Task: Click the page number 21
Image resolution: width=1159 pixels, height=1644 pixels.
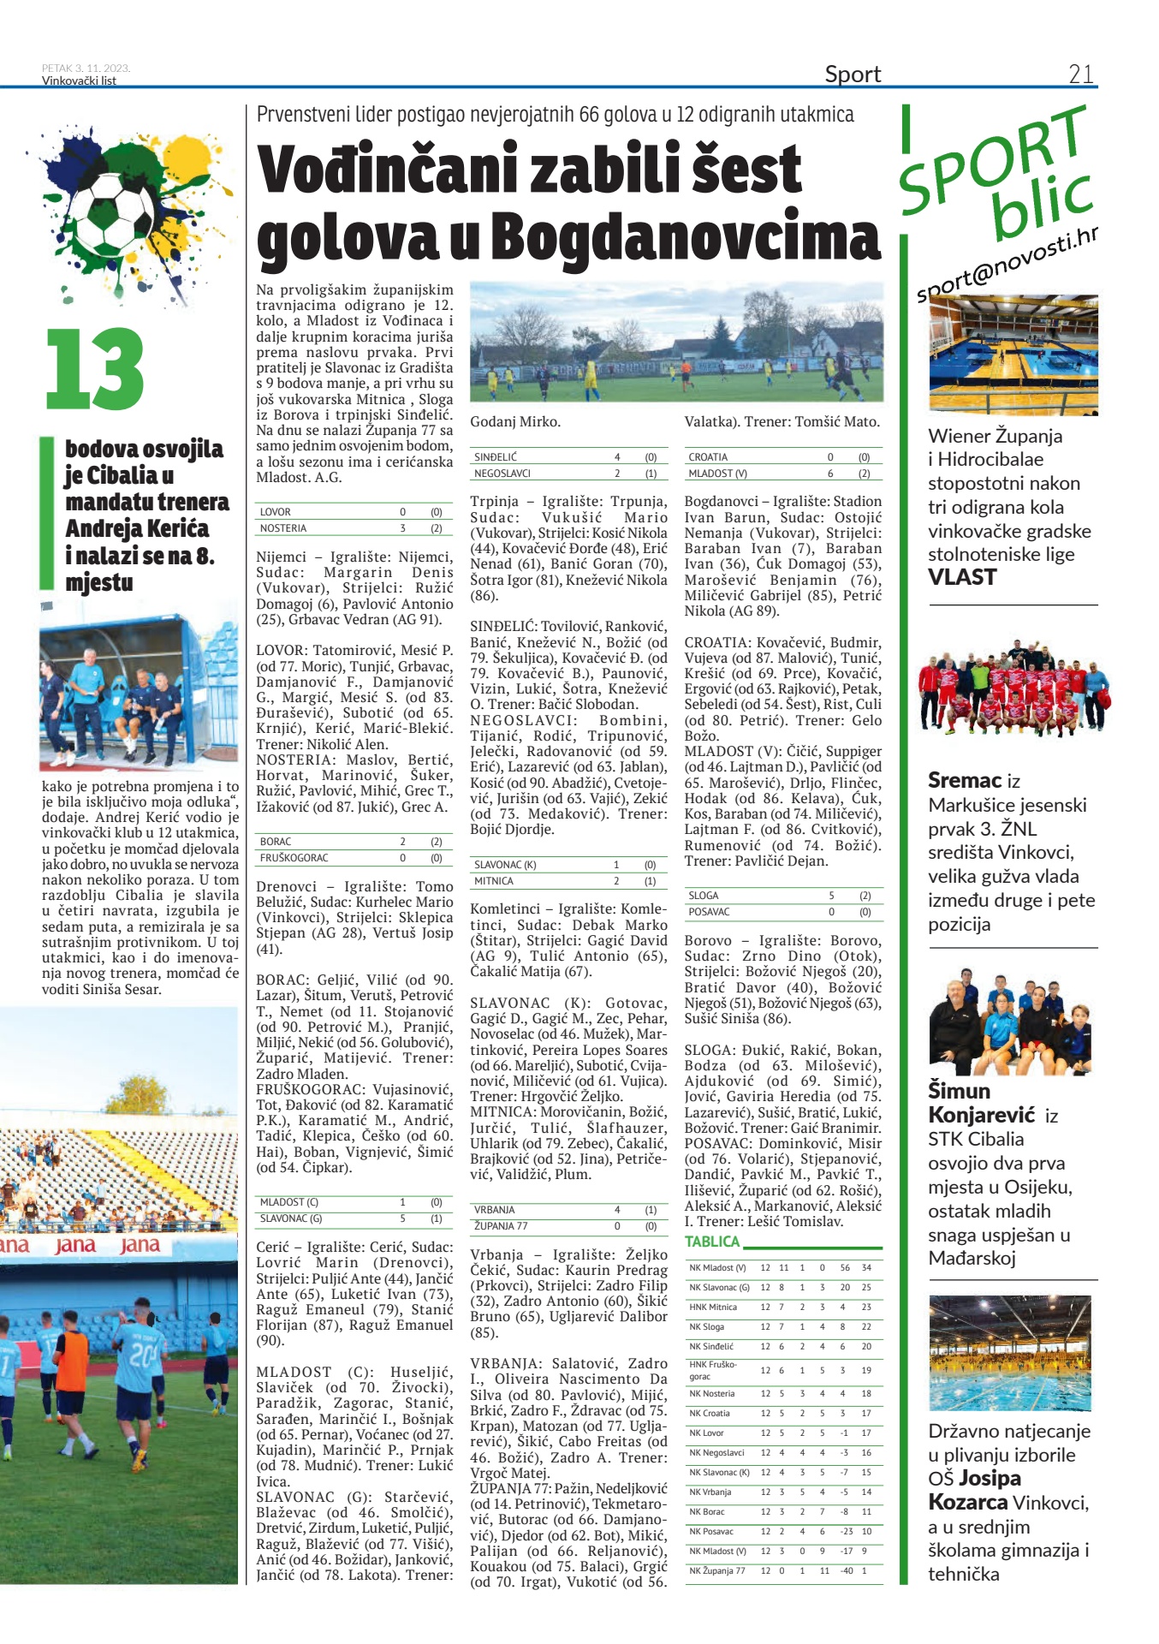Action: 1080,74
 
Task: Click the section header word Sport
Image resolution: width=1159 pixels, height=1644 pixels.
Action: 853,74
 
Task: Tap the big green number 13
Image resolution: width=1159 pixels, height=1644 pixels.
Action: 95,369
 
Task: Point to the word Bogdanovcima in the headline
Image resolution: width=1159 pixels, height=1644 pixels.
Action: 686,237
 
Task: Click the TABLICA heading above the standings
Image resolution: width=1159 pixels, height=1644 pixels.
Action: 712,1242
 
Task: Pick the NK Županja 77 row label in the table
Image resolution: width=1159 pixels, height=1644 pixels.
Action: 717,1570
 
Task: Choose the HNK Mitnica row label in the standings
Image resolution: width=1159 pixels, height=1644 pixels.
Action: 713,1307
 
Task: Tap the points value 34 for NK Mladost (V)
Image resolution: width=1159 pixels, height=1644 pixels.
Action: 866,1267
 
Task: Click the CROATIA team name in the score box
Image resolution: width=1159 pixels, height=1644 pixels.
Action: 708,457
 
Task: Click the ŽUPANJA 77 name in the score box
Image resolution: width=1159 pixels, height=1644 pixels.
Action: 501,1226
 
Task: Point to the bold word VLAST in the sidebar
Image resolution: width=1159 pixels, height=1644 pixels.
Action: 962,578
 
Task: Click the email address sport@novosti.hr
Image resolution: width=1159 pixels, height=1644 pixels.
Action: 1007,265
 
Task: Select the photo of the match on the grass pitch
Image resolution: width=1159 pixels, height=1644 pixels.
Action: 676,342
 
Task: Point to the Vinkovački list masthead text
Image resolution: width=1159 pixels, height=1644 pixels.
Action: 79,81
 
